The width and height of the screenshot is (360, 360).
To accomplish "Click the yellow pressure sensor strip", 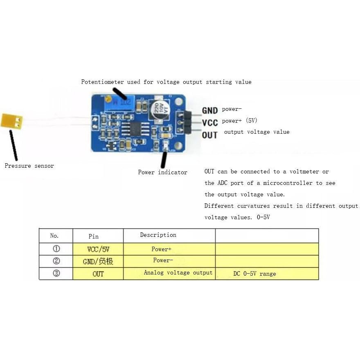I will point(11,120).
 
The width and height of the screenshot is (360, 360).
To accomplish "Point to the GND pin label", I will point(210,110).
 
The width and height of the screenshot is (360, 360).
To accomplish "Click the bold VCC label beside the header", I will point(210,122).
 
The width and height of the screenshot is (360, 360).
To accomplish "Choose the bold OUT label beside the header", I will point(210,135).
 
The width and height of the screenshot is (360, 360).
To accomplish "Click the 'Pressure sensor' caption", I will point(29,166).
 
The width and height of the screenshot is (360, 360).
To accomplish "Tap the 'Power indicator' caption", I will point(162,172).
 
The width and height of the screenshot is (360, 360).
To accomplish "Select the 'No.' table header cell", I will point(55,236).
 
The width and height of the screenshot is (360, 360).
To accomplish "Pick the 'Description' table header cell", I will point(158,235).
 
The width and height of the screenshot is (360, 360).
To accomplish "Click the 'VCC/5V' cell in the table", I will point(98,249).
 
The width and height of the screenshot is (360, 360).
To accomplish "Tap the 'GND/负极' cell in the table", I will point(98,261).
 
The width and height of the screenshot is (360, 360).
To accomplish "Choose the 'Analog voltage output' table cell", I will point(178,273).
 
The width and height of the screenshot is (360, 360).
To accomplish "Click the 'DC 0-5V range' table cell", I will point(254,274).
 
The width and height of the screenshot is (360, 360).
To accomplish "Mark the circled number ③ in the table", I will point(56,274).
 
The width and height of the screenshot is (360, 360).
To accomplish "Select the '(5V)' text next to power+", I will point(251,121).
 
